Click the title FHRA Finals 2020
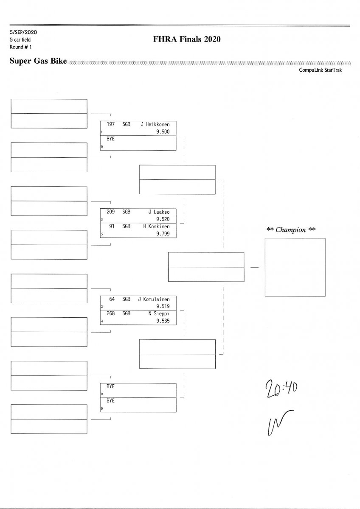click(187, 39)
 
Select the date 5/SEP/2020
click(23, 32)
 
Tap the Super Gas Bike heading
click(38, 61)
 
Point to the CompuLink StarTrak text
click(320, 70)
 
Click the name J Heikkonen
click(155, 124)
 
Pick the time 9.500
click(163, 131)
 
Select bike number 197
click(111, 124)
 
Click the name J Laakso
click(159, 212)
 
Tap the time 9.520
click(163, 219)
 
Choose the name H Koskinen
click(156, 227)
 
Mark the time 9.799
click(163, 234)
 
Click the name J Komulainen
click(154, 299)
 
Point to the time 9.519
click(163, 306)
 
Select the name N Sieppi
click(159, 313)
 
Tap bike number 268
click(111, 313)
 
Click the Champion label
click(291, 230)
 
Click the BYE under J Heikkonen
click(110, 139)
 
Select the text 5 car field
click(20, 39)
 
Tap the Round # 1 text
click(20, 47)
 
